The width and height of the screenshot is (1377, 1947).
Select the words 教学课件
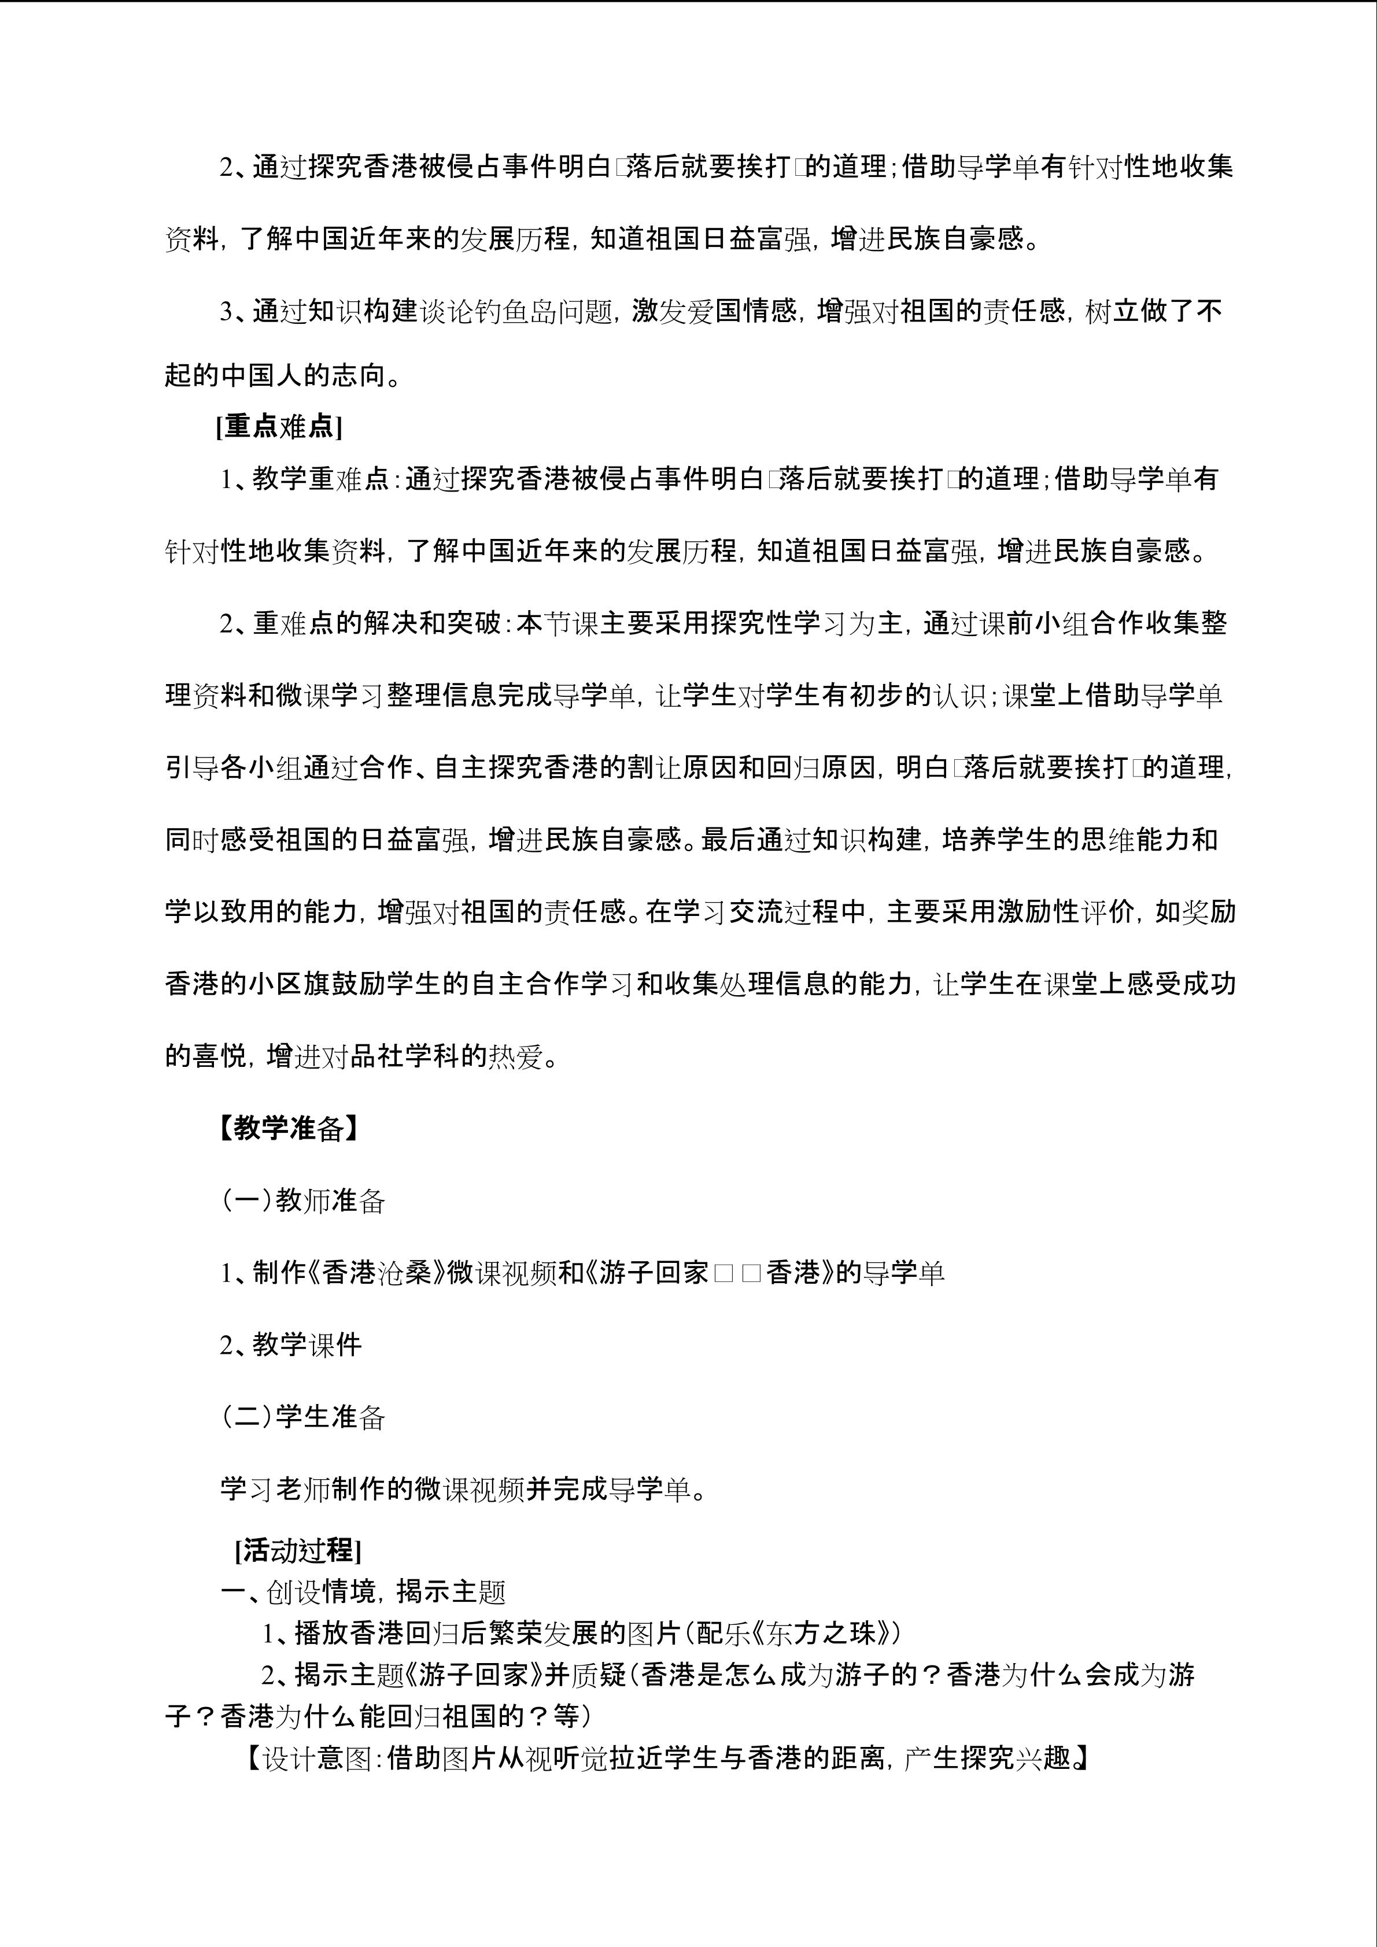tap(307, 1345)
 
